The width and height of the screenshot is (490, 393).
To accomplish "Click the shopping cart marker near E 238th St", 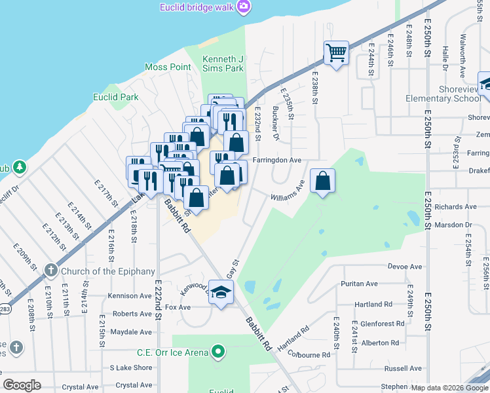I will pos(336,52).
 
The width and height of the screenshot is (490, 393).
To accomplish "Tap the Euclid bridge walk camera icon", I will pos(244,7).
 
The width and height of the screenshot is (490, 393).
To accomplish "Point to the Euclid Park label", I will pos(116,97).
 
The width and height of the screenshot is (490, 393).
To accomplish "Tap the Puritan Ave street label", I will pos(359,284).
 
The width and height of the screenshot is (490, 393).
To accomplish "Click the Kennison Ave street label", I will pos(130,296).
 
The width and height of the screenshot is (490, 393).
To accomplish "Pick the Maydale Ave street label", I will pos(131,332).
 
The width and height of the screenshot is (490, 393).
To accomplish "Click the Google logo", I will pos(22,385).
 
